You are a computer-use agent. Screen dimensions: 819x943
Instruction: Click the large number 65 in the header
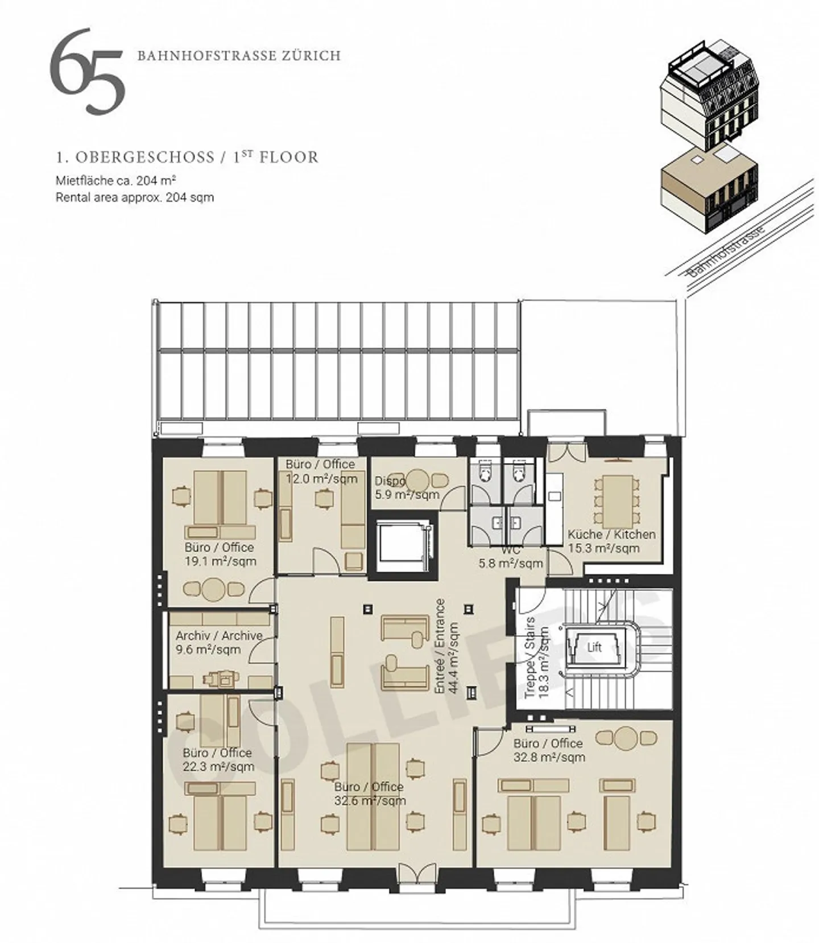coord(87,71)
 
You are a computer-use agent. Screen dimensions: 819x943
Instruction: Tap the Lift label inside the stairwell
coord(594,647)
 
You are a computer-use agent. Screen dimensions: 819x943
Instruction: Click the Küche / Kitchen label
coord(611,535)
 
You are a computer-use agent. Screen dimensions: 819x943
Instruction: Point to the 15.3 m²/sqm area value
coord(603,549)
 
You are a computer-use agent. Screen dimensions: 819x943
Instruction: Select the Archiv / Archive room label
coord(219,636)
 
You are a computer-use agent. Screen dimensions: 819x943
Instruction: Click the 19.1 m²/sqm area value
coord(220,561)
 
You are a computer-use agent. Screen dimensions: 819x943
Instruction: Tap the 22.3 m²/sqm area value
coord(218,767)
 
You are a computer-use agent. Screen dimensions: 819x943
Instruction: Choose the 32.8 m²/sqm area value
coord(549,758)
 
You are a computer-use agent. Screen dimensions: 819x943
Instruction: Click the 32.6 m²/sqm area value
coord(370,801)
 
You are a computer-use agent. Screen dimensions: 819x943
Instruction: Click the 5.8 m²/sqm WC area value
coord(510,564)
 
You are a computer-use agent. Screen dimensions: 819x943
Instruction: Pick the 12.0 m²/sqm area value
coord(321,479)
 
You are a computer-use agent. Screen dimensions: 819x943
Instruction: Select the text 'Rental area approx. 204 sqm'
coord(135,198)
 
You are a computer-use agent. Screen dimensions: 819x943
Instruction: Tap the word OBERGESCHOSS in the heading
coord(144,157)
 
